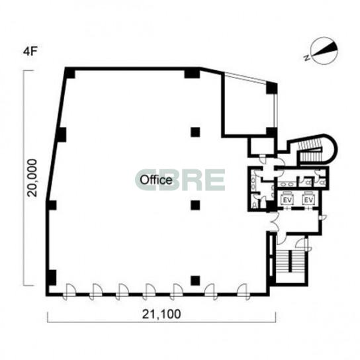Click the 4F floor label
(x=30, y=52)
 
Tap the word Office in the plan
(x=156, y=180)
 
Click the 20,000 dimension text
(x=32, y=178)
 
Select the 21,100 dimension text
(x=161, y=314)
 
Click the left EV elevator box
(x=287, y=200)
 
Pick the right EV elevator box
(x=308, y=200)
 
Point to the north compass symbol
(x=324, y=50)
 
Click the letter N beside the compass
(x=306, y=58)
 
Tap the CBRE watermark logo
(x=180, y=180)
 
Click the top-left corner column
(x=69, y=73)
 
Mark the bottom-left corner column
(x=52, y=277)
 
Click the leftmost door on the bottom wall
(x=69, y=292)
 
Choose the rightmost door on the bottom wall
(x=244, y=292)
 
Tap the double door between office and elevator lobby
(x=274, y=222)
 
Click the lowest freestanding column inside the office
(x=195, y=280)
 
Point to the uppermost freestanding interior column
(x=195, y=132)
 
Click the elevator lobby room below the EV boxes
(x=298, y=220)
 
